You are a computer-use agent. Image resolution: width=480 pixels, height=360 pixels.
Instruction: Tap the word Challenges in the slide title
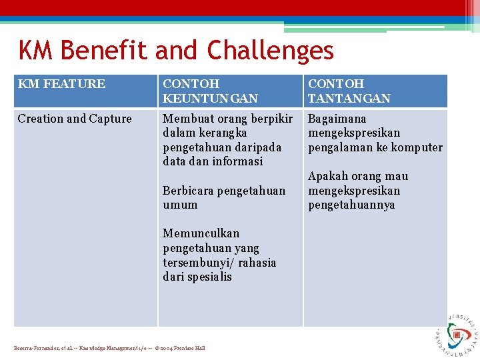[270, 51]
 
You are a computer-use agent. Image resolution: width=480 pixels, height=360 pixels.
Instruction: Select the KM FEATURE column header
[61, 84]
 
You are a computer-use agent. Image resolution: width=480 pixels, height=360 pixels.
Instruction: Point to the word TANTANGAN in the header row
[349, 99]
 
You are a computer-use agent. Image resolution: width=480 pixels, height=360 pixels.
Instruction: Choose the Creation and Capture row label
[75, 119]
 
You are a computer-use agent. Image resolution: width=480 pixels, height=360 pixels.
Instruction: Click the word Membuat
[187, 119]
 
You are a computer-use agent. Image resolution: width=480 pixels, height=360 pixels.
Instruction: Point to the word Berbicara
[189, 191]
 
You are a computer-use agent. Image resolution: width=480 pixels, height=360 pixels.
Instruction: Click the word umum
[180, 205]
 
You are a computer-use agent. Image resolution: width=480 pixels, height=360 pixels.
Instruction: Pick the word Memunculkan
[201, 233]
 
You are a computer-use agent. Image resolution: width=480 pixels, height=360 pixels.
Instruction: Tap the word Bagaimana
[337, 119]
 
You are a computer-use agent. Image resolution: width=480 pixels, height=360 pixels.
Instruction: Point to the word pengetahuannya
[351, 205]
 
